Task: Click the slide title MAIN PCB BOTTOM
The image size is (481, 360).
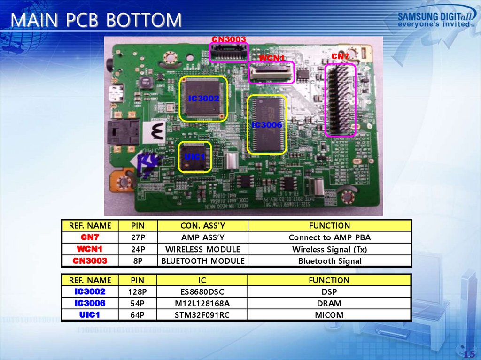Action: coord(96,20)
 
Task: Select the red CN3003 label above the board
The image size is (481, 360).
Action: coord(229,39)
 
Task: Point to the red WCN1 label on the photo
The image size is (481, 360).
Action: coord(272,58)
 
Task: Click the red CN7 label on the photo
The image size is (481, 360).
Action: coord(341,57)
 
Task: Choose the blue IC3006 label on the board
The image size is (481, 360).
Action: coord(266,125)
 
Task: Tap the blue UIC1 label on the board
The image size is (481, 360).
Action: coord(195,156)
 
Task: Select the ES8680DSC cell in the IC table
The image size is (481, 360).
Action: coord(202,291)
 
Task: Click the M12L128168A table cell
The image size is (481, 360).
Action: coord(202,303)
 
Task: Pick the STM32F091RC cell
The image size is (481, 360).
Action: coord(202,315)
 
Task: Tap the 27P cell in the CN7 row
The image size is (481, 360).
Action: coord(138,237)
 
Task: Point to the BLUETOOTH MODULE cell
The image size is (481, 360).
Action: coord(203,260)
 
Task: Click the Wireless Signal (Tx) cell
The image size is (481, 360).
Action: coord(330,249)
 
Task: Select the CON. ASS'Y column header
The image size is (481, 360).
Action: coord(203,225)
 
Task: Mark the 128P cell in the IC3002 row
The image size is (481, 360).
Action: coord(138,291)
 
